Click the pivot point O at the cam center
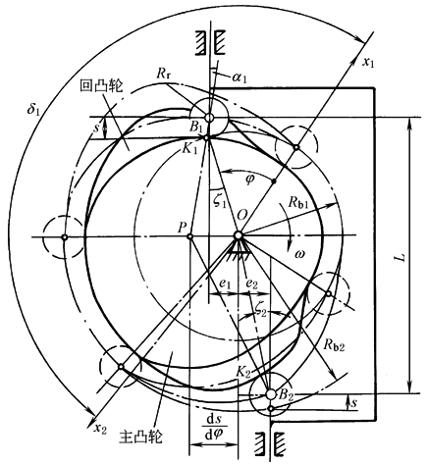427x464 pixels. coord(238,235)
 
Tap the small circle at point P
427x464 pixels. coord(189,235)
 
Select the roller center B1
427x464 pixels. coord(209,117)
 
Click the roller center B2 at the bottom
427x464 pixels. coord(270,394)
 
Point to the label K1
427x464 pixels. coord(190,150)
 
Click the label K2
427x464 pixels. coord(243,372)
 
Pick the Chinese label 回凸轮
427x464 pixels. coord(101,86)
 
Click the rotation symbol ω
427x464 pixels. coord(299,254)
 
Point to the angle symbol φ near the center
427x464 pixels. coord(249,180)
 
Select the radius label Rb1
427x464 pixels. coord(298,203)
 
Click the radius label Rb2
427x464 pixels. coord(335,344)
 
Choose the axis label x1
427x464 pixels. coord(368,62)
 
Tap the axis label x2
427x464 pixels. coord(100,429)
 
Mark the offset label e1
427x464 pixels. coord(225,284)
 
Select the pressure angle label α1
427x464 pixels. coord(240,77)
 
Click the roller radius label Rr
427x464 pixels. coord(163,74)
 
